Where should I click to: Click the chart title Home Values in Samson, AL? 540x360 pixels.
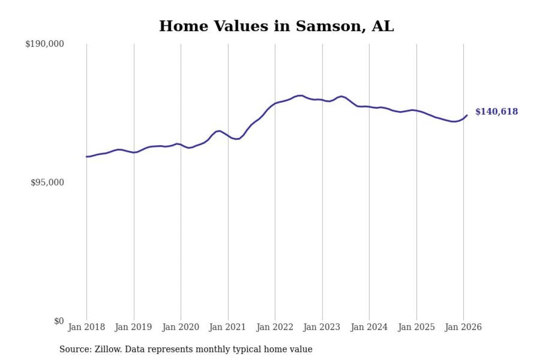coord(276,26)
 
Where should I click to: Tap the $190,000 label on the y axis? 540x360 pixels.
coord(45,44)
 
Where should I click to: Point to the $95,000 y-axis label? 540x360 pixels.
coord(47,182)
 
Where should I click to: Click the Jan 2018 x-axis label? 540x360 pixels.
coord(86,327)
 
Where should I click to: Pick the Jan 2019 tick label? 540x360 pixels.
coord(134,327)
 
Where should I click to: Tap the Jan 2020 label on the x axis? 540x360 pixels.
coord(181,327)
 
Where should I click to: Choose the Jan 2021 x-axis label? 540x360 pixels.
coord(228,327)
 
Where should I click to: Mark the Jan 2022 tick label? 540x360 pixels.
coord(275,327)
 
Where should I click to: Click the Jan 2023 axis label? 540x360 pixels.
coord(322,327)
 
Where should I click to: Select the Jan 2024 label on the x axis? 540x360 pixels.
coord(369,327)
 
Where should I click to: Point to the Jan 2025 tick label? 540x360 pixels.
coord(416,327)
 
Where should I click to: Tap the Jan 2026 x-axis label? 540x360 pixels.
coord(463,327)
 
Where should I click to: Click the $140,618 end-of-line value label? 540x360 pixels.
coord(497,112)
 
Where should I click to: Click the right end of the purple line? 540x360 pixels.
coord(467,115)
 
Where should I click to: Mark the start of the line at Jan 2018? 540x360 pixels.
coord(87,157)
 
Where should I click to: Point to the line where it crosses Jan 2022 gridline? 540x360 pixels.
coord(275,103)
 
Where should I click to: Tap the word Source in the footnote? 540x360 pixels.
coord(73,349)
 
